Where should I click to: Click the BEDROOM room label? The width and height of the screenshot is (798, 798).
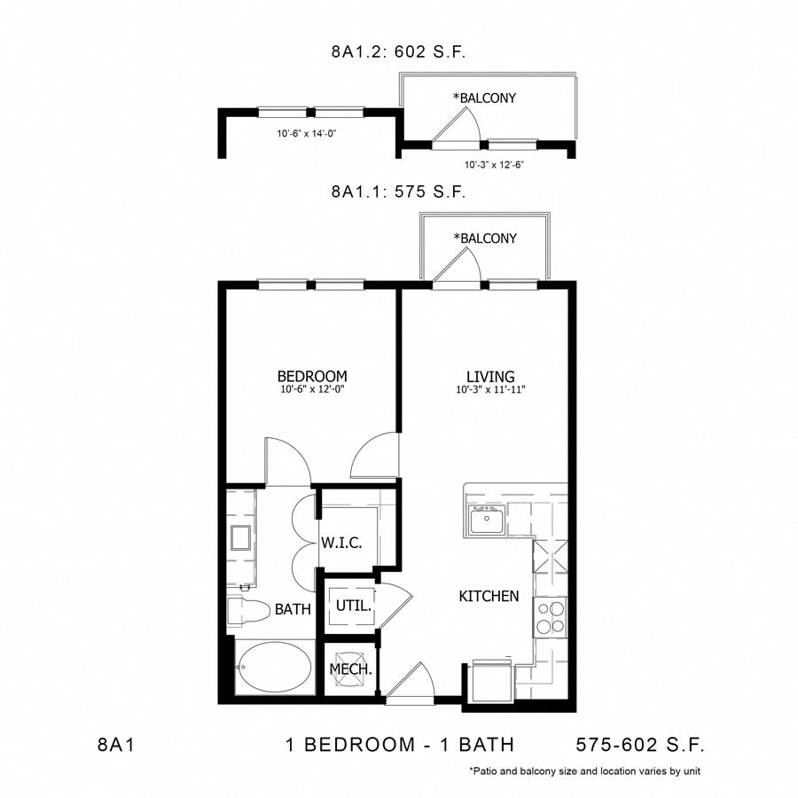coord(312,376)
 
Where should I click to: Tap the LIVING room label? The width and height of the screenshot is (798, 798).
coord(490,377)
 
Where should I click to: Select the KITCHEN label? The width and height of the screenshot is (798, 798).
coord(489,596)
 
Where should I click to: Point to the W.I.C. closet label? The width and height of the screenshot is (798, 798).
coord(341,543)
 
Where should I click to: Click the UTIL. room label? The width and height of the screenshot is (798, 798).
coord(353,606)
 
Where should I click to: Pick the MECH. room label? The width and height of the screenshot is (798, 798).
coord(350,669)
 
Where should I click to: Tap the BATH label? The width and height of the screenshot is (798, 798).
coord(293,608)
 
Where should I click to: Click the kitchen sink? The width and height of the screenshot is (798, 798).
coord(487,520)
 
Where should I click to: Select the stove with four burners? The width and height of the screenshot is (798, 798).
coord(550,617)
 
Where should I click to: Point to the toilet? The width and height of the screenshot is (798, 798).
coord(248,611)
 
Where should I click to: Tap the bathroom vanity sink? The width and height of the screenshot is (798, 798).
coord(240,538)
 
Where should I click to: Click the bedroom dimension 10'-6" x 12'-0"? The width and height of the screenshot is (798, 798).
coord(312,389)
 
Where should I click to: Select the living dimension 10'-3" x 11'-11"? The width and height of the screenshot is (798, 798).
coord(490,390)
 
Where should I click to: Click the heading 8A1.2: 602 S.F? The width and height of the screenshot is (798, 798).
coord(398,52)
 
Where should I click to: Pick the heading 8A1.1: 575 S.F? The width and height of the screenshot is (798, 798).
coord(398,192)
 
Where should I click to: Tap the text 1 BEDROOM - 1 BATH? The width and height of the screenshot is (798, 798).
coord(400,745)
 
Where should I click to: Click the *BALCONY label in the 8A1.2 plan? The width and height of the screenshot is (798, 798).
coord(484,98)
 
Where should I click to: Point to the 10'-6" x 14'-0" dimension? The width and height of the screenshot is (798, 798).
coord(307,134)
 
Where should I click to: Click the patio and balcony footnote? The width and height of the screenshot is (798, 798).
coord(585,771)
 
